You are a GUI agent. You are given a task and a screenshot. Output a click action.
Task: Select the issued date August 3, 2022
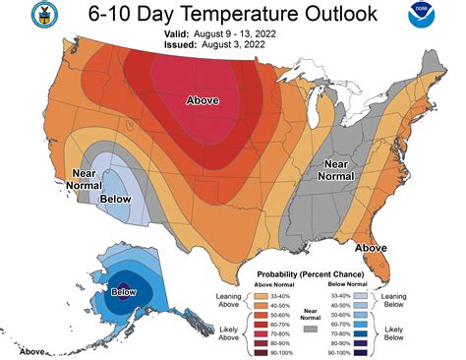pyautogui.click(x=235, y=45)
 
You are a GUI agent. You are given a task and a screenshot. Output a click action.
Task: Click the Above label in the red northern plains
pyautogui.click(x=203, y=100)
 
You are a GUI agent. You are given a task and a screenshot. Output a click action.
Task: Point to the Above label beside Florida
pyautogui.click(x=371, y=247)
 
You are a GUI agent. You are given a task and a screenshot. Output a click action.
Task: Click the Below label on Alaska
pyautogui.click(x=123, y=292)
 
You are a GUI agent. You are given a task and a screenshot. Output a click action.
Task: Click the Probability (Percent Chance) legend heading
pyautogui.click(x=308, y=273)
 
